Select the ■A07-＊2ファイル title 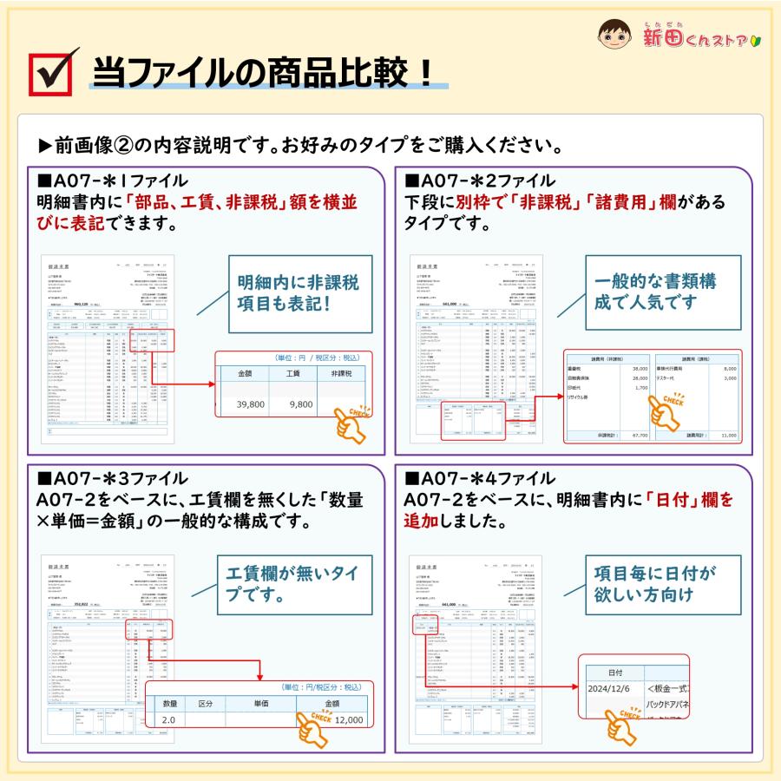pos(481,181)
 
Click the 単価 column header pos(260,704)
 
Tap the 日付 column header pos(613,673)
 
